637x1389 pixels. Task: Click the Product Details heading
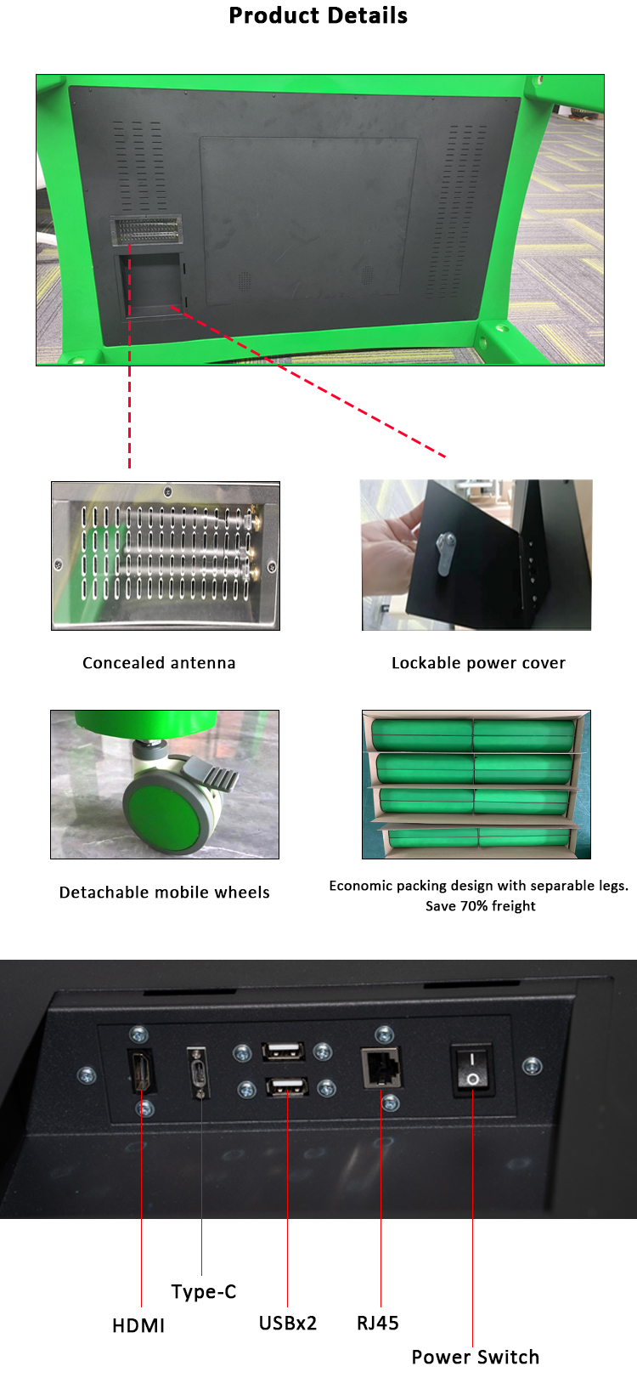click(x=318, y=16)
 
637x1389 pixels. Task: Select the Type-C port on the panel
click(x=198, y=1069)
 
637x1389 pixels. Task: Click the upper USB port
click(x=283, y=1052)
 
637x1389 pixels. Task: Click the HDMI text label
click(x=138, y=1325)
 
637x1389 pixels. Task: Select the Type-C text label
click(x=204, y=1291)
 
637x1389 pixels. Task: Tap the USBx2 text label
click(x=288, y=1323)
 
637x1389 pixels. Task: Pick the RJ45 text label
click(x=378, y=1323)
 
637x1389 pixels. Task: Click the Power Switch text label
click(x=476, y=1357)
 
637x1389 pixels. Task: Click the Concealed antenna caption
click(x=159, y=663)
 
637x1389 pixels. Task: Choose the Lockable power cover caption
click(x=478, y=663)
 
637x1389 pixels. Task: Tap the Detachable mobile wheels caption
click(x=165, y=893)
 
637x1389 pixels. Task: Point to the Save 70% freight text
click(x=481, y=906)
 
